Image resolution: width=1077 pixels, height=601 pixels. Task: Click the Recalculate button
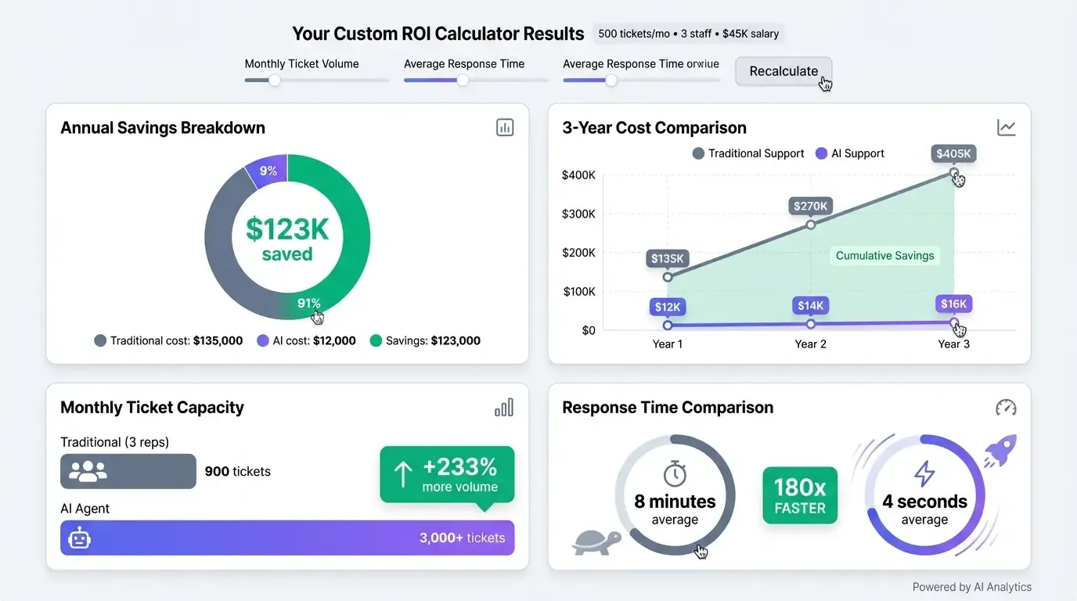click(783, 71)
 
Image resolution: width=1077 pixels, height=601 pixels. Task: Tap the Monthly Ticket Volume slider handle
click(274, 80)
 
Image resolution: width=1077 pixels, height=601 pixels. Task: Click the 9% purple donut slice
click(268, 171)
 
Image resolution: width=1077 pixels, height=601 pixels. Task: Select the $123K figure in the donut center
click(287, 229)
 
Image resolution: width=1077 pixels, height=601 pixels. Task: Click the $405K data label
click(953, 153)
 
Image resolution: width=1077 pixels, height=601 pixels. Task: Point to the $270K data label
click(810, 206)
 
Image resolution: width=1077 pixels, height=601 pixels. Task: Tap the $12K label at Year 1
click(668, 307)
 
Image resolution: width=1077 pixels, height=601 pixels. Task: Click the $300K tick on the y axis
click(578, 214)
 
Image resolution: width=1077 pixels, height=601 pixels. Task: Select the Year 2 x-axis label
click(810, 344)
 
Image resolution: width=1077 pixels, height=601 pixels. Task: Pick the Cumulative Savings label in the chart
click(884, 255)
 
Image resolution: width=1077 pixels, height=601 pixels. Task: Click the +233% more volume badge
click(447, 474)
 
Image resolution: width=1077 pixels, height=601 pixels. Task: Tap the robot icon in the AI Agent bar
click(80, 538)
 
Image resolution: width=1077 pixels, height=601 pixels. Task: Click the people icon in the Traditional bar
click(88, 471)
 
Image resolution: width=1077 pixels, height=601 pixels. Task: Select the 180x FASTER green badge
click(799, 495)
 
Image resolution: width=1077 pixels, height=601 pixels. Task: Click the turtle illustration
click(596, 542)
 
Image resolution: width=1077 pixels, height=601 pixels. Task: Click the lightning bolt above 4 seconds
click(924, 473)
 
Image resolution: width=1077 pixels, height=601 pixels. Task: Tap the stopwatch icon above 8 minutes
click(675, 473)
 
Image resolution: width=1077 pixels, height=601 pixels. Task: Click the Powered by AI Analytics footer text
click(971, 587)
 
